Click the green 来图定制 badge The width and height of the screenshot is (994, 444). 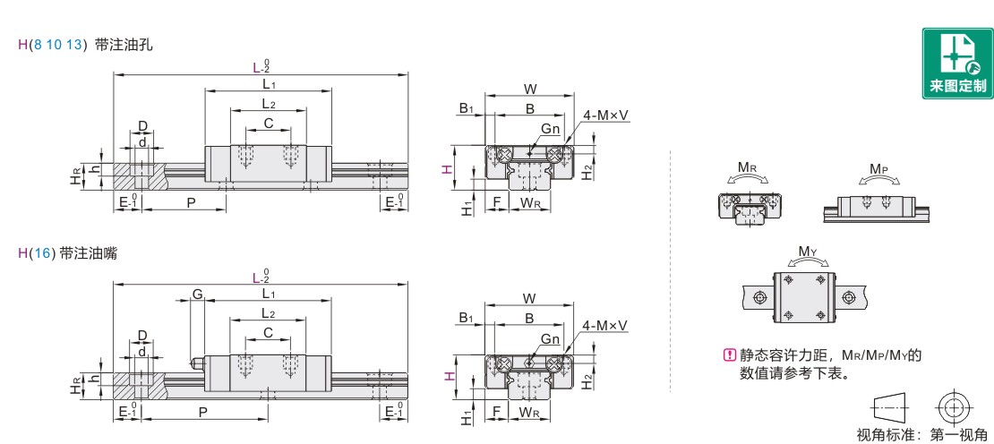957,64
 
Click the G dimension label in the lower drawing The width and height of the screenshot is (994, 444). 197,294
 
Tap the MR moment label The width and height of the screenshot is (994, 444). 745,168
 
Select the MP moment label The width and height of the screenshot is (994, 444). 878,168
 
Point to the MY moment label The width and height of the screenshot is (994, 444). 807,252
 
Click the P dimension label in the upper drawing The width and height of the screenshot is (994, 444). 190,202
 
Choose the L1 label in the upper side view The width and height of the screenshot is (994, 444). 268,83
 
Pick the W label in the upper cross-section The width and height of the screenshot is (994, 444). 530,88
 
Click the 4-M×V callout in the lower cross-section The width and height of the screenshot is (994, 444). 604,326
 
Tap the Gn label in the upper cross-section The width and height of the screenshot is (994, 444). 550,129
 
